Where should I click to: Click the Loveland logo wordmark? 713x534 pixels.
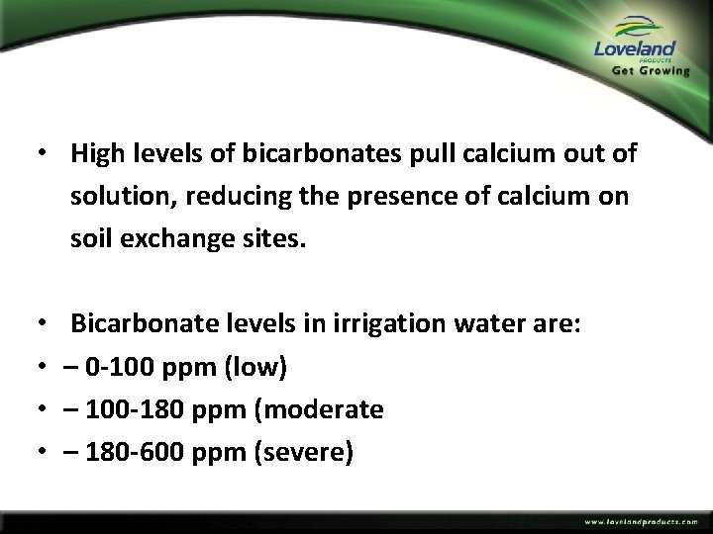click(x=634, y=48)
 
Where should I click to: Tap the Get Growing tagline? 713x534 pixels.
click(x=651, y=71)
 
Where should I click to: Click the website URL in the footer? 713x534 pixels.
click(x=641, y=521)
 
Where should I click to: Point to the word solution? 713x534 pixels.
click(x=116, y=197)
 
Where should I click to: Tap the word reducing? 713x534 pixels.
click(x=218, y=197)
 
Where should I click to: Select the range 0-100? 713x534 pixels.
click(x=124, y=368)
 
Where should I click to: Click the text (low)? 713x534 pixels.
click(x=255, y=368)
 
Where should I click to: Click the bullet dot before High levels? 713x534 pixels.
click(x=38, y=155)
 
